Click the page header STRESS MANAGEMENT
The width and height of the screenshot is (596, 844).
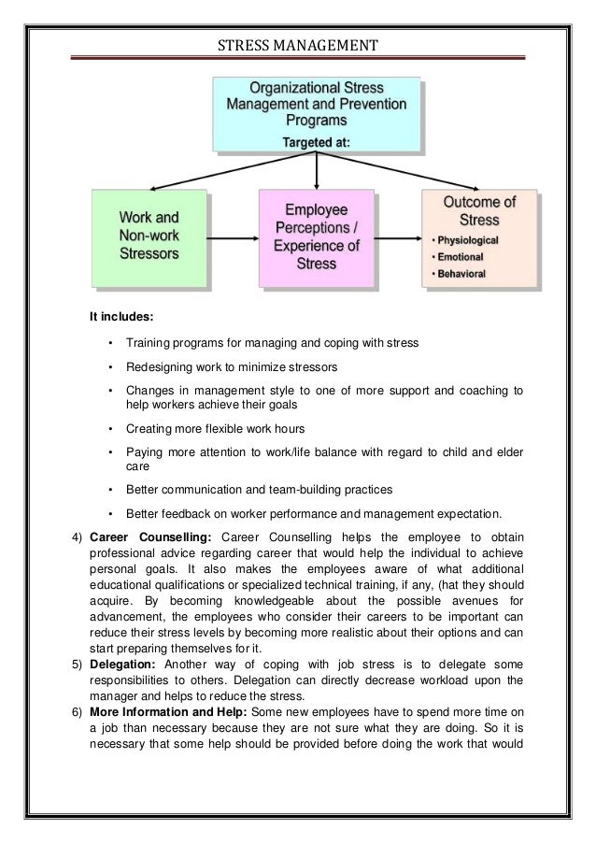(298, 43)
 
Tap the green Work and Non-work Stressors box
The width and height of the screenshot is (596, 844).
(149, 237)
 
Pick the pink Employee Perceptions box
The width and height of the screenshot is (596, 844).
(318, 236)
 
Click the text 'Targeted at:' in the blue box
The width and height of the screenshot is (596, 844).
(317, 142)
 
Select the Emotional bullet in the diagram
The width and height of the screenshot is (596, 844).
(463, 257)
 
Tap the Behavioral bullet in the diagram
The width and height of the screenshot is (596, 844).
(465, 274)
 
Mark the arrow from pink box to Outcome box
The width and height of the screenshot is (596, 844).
(399, 238)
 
